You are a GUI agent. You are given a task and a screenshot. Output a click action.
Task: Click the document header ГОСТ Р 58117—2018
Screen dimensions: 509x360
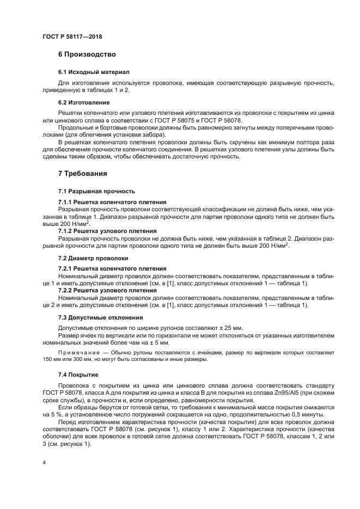coord(72,37)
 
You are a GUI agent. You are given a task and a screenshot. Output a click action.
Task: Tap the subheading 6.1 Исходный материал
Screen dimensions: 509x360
coord(94,72)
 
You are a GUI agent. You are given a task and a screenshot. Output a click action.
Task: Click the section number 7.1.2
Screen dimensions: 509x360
coord(66,231)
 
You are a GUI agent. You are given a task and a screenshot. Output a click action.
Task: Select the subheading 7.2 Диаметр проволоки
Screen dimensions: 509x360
coord(93,258)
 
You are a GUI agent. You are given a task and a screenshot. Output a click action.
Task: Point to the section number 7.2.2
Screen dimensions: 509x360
coord(66,291)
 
